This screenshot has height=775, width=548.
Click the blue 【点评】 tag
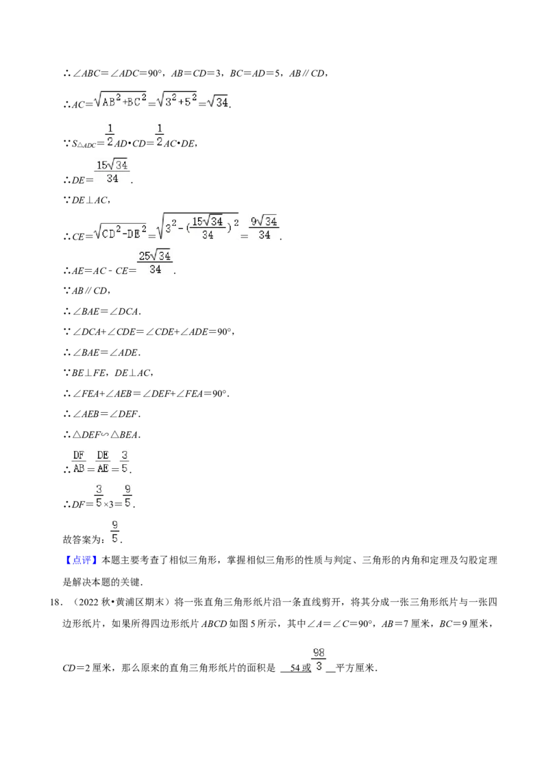point(82,560)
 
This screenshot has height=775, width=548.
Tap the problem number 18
point(55,602)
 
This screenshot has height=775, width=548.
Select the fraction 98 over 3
point(319,659)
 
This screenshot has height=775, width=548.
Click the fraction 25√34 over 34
point(155,262)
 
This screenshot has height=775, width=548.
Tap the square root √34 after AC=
point(218,102)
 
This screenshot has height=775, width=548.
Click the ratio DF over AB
point(79,462)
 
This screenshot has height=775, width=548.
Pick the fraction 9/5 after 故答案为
point(115,532)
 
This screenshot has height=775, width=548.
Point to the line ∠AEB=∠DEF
point(106,414)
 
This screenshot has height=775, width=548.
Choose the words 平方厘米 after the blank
point(356,668)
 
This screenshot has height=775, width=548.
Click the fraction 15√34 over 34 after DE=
point(112,172)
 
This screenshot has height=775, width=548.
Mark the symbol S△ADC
point(84,144)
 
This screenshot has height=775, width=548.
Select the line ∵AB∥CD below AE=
point(87,290)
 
